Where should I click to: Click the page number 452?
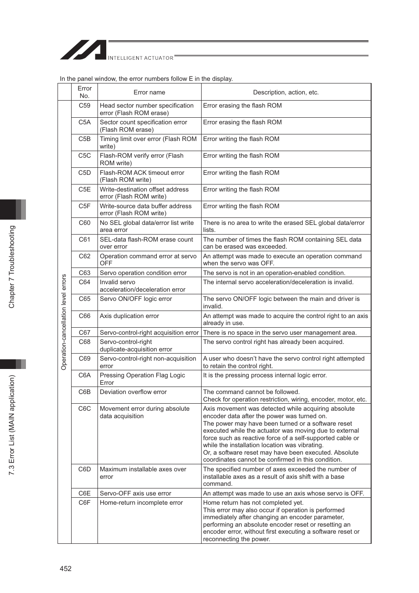pos(65,568)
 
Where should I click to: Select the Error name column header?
pos(149,92)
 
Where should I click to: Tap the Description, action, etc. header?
pos(286,92)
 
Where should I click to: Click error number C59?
pos(84,105)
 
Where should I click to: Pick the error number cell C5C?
pos(84,155)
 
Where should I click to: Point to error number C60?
pos(84,223)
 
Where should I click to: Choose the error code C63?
pos(84,273)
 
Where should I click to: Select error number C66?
pos(84,316)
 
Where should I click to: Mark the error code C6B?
pos(84,392)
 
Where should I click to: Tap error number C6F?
pos(84,503)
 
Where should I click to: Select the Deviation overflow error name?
pos(133,392)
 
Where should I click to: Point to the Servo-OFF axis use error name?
pos(135,493)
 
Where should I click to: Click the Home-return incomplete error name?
pos(141,503)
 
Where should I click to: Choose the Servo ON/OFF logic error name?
pos(136,299)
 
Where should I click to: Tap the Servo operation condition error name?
pos(143,273)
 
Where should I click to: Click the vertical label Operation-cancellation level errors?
pos(64,322)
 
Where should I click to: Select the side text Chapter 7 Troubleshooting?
pos(12,267)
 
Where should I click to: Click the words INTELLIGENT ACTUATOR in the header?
pos(141,58)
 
